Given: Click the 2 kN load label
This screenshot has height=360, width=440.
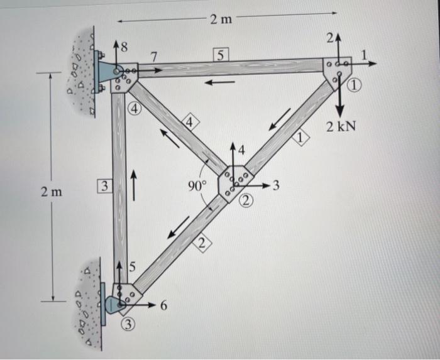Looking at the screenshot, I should tap(341, 127).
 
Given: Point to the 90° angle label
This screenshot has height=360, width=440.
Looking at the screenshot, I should tap(197, 185).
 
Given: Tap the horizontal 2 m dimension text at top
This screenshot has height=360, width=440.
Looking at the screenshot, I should tap(221, 19).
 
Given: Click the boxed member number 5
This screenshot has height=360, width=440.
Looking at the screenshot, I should tap(220, 55).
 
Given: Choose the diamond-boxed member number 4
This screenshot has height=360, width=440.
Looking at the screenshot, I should tap(189, 123).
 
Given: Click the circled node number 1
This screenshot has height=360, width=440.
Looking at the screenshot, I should tap(357, 86).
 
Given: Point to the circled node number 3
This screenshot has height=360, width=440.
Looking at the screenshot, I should tap(128, 325).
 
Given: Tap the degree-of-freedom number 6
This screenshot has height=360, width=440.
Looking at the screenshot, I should tap(163, 306).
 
